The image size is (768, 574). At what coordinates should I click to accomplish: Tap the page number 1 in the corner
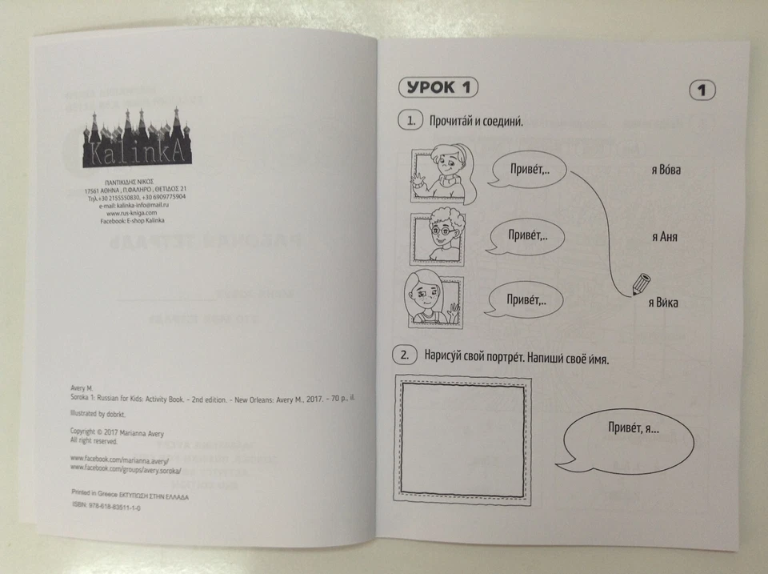[701, 90]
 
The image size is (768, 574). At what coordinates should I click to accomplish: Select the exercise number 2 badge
[405, 354]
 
